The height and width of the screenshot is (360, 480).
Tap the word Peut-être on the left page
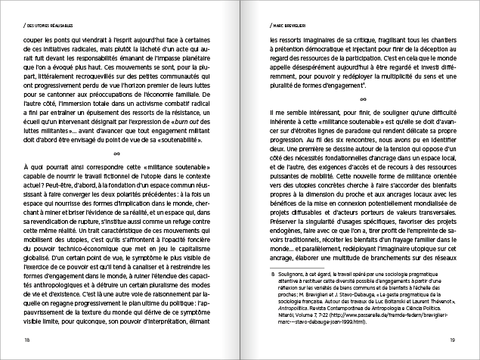pos(40,182)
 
